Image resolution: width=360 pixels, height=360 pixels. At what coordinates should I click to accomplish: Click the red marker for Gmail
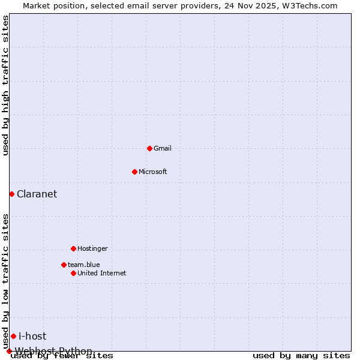coord(149,148)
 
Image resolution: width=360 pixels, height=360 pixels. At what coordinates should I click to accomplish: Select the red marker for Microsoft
coord(134,172)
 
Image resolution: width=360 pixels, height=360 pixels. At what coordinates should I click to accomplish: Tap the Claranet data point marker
coord(11,194)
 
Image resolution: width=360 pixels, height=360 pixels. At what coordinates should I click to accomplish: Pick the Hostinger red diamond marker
coord(73,248)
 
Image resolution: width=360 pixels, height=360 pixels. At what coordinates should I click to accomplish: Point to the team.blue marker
coord(64,265)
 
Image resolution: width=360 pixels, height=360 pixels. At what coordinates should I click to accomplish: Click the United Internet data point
coord(73,273)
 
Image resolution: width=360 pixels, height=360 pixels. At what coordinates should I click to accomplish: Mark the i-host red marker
coord(13,336)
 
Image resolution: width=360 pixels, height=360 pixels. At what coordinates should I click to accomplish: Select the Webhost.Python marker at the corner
coord(9,351)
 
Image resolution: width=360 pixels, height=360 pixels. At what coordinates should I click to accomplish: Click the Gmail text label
coord(163,148)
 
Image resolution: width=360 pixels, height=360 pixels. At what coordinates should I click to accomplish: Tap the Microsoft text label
coord(153,172)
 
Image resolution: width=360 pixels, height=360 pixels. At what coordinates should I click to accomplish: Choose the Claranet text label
coord(37,194)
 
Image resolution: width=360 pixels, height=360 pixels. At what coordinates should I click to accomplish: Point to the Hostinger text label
coord(93,248)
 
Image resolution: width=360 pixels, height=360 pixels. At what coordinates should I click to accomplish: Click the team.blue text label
coord(84,265)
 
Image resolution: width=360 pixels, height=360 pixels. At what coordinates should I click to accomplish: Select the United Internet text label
coord(102,273)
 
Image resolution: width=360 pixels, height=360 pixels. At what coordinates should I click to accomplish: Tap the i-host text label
coord(32,336)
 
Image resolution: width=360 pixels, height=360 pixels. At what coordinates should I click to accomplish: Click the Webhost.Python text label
coord(54,351)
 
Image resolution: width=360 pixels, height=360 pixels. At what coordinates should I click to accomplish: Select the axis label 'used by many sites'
coord(301,356)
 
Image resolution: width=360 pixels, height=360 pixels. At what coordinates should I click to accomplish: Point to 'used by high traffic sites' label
coord(6,85)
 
